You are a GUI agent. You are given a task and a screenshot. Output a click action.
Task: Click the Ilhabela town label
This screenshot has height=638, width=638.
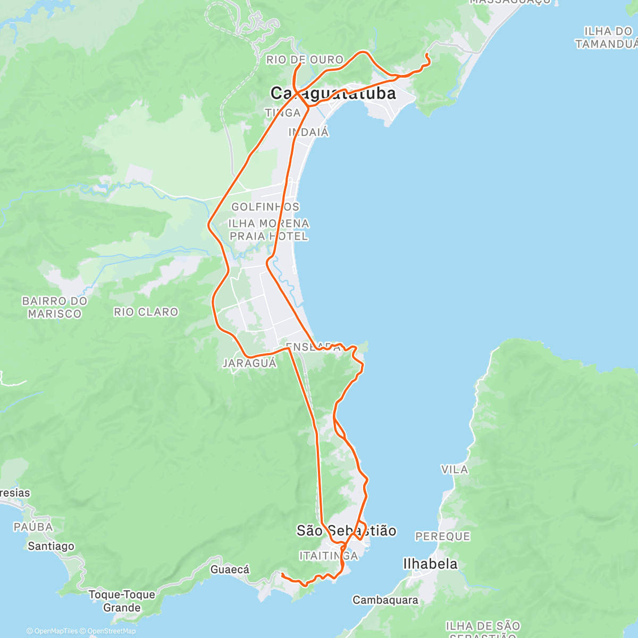coord(430,564)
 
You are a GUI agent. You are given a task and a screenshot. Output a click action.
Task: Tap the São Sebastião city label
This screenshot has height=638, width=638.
coord(346,531)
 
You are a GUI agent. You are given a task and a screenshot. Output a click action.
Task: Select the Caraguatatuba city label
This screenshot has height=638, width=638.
coord(333,94)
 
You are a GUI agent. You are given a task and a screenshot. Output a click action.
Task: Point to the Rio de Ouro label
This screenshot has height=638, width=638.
coord(305,60)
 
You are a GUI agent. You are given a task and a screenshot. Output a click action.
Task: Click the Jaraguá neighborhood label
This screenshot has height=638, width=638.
coord(249,364)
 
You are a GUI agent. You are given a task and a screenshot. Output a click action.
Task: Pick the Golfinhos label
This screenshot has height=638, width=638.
coord(265,207)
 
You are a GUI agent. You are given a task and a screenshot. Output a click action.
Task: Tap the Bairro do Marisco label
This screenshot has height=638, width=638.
coord(55,307)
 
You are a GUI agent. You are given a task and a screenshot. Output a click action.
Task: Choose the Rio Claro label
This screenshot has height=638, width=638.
coord(146,312)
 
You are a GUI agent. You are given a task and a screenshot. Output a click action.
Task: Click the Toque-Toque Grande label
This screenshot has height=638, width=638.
coord(122,601)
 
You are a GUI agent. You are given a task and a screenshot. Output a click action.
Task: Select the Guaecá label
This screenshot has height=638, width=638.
coord(230,569)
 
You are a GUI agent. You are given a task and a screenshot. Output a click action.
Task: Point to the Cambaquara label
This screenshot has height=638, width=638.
coord(385,600)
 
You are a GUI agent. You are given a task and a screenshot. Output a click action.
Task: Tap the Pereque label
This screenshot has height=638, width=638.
coord(442,536)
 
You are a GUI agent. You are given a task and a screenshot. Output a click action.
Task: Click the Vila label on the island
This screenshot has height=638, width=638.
coord(455,469)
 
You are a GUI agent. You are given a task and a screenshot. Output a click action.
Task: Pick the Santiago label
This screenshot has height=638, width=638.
coord(51,546)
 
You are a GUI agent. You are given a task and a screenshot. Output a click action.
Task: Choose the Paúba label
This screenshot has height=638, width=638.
coord(33,527)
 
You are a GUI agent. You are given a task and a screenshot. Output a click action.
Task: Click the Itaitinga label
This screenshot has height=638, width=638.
coord(329,556)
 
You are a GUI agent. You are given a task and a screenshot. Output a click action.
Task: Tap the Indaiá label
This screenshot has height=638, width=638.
coord(308,132)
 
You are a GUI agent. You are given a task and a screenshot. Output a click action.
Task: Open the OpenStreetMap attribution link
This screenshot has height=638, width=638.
coord(112,631)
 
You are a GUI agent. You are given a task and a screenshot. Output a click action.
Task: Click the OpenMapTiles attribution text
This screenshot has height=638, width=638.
coord(52,631)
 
